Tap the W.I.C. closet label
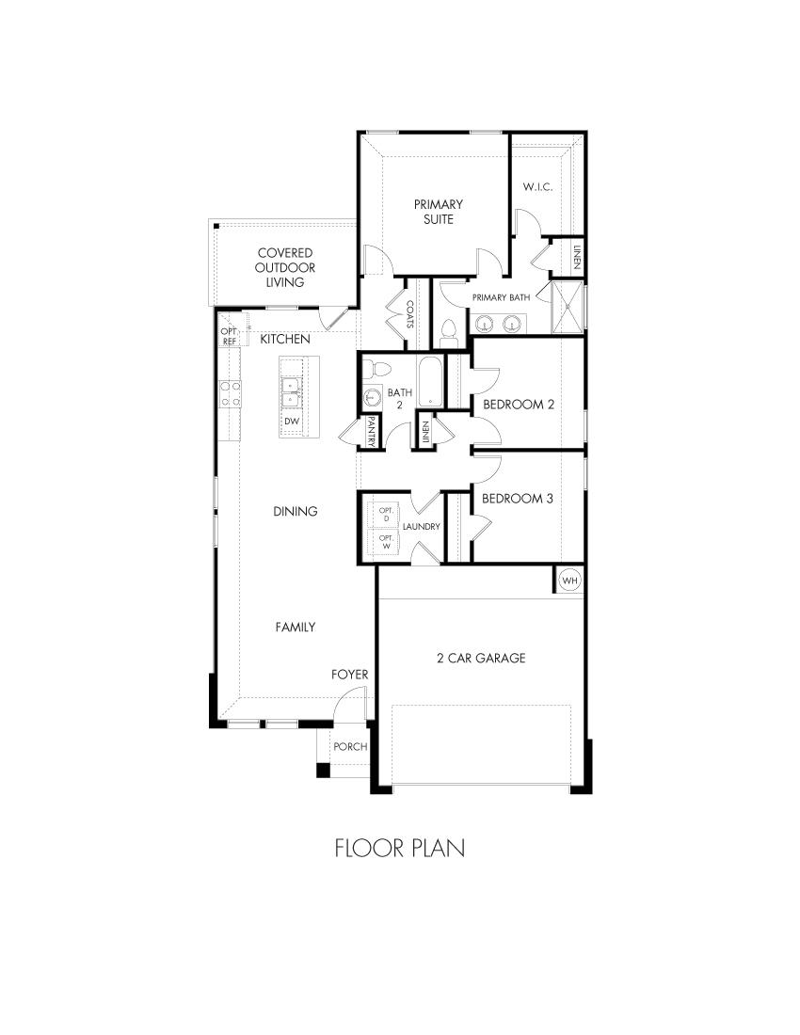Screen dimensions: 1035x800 pos(537,187)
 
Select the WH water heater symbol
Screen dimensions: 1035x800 pos(569,580)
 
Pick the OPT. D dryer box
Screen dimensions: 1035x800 pos(385,514)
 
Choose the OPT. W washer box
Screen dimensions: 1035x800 pos(385,542)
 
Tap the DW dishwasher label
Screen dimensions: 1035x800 pos(292,421)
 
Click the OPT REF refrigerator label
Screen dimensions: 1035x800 pos(228,337)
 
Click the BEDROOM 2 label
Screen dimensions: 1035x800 pos(519,405)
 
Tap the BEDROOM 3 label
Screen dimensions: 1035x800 pos(517,499)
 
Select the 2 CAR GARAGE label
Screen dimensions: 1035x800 pos(481,658)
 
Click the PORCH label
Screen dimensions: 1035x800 pos(350,747)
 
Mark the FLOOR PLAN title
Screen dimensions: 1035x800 pos(400,848)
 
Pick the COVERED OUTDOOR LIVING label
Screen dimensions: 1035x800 pos(284,267)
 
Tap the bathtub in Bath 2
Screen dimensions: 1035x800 pos(431,382)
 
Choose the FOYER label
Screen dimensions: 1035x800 pos(349,675)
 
